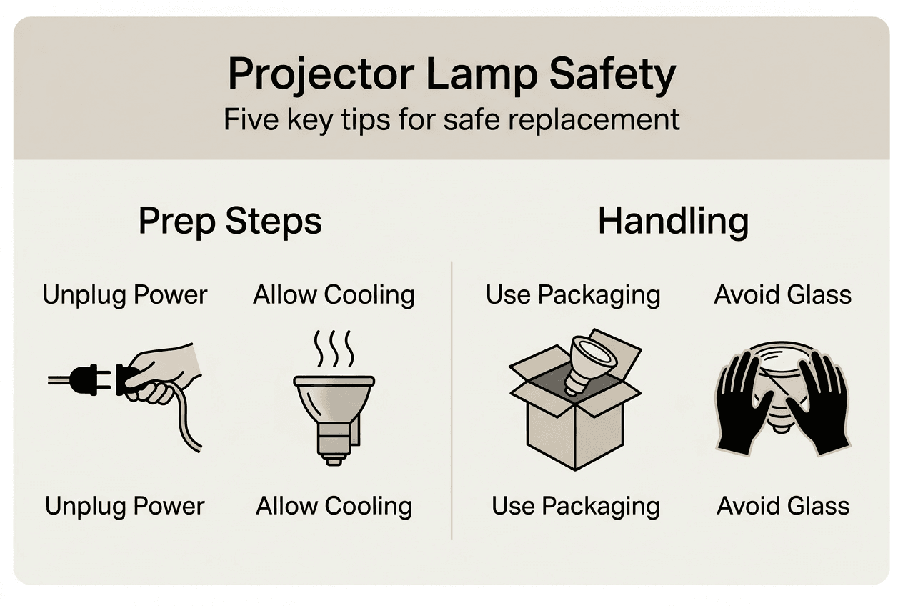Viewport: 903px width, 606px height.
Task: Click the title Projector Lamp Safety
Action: click(x=451, y=74)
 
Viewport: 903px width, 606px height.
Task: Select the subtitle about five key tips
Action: click(x=451, y=119)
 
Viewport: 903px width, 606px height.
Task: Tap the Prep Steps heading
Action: click(x=230, y=222)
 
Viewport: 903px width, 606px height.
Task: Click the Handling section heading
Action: click(x=673, y=222)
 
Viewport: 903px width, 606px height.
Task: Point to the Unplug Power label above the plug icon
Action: click(x=125, y=294)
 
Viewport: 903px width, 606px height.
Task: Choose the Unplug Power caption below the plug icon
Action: click(x=125, y=506)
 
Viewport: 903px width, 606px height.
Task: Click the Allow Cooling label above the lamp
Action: click(x=334, y=294)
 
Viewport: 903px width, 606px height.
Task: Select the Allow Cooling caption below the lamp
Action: click(x=334, y=506)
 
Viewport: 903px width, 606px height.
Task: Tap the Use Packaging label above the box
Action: click(x=573, y=294)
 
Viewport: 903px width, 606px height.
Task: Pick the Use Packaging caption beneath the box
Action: click(x=575, y=506)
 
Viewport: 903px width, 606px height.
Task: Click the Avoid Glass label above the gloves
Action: click(x=783, y=294)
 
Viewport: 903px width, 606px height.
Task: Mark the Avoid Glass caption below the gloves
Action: click(x=783, y=506)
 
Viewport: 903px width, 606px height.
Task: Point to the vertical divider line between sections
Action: click(x=451, y=400)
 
